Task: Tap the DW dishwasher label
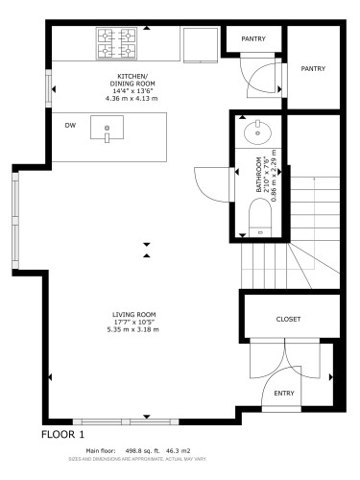(70, 126)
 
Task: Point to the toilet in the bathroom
(260, 215)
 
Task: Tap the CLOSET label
(288, 319)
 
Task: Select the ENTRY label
(284, 393)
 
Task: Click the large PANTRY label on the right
(313, 69)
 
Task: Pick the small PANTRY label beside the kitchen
(253, 39)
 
